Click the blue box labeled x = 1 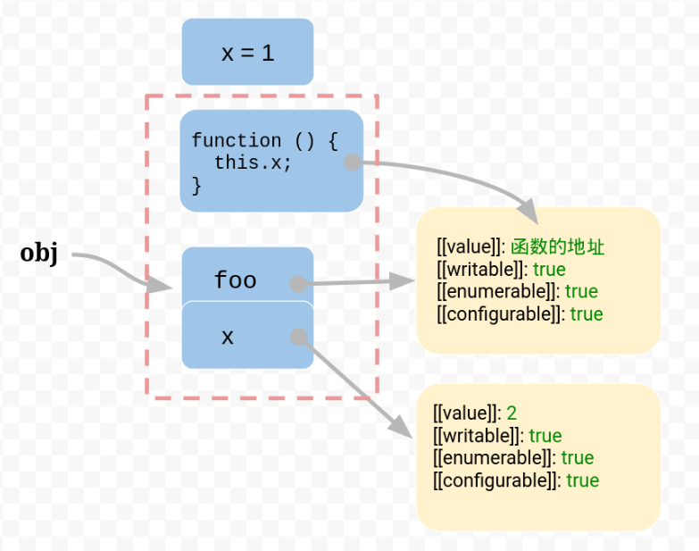247,53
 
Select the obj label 39,254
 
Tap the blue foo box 236,280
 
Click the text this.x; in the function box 253,163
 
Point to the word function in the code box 236,141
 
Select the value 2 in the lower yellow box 512,413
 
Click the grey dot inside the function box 352,162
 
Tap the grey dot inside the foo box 298,284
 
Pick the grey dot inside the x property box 299,336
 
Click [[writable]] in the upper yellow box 480,269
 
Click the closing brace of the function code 196,186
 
